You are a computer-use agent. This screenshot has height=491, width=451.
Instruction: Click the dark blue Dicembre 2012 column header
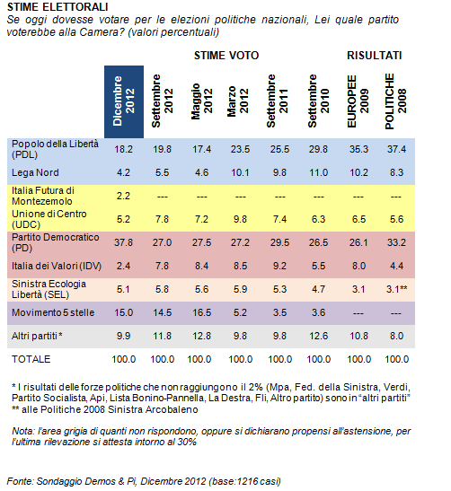[124, 101]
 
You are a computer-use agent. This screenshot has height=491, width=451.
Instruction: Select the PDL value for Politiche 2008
[396, 149]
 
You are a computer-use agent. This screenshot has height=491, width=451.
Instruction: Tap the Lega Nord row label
[35, 172]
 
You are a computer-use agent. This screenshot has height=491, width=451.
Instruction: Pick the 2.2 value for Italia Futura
[123, 196]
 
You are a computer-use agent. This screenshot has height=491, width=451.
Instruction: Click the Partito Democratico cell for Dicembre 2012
[123, 242]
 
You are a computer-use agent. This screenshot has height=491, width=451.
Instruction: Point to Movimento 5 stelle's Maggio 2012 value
[201, 312]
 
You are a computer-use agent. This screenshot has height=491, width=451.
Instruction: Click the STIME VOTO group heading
[226, 56]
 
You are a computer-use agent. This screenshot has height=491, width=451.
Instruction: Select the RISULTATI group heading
[375, 56]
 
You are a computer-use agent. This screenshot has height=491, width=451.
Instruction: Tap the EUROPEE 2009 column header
[358, 101]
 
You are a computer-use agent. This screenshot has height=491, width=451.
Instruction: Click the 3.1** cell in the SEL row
[397, 289]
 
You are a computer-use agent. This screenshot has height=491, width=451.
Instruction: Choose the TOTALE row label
[31, 359]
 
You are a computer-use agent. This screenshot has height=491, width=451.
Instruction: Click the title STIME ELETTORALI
[57, 7]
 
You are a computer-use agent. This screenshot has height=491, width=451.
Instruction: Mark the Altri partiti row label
[37, 336]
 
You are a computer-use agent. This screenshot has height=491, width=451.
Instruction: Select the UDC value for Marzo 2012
[240, 219]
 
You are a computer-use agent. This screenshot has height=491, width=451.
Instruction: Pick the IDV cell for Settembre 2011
[279, 266]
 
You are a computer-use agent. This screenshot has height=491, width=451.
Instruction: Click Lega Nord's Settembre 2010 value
[318, 172]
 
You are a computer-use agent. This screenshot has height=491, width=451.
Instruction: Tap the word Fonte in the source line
[20, 481]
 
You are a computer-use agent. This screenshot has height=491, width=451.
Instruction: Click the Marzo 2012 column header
[238, 101]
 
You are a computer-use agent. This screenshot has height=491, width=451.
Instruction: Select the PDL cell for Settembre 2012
[162, 149]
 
